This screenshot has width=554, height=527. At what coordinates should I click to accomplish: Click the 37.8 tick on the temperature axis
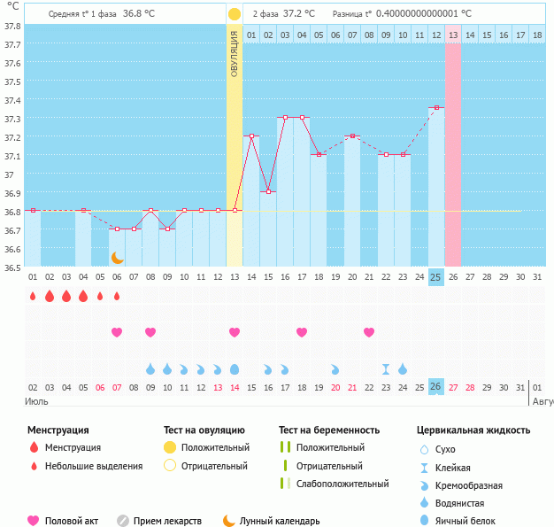pyautogui.click(x=12, y=26)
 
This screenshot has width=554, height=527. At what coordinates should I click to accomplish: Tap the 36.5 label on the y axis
pyautogui.click(x=12, y=267)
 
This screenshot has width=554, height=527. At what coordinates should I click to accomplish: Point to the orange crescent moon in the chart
pyautogui.click(x=117, y=257)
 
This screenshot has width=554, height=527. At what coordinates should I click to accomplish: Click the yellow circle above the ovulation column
pyautogui.click(x=234, y=14)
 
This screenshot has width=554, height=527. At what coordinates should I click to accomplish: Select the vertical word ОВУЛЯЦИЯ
pyautogui.click(x=234, y=53)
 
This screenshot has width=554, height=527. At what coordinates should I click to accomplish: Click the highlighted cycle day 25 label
pyautogui.click(x=435, y=277)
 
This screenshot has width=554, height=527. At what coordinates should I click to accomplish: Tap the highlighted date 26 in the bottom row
pyautogui.click(x=435, y=387)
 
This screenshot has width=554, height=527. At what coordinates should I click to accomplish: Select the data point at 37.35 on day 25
pyautogui.click(x=435, y=108)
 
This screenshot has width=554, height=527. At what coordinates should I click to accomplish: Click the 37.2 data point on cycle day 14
pyautogui.click(x=251, y=136)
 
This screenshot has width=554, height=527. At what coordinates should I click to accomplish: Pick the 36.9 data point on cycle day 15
pyautogui.click(x=268, y=191)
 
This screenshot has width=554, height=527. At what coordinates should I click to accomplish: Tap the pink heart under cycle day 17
pyautogui.click(x=302, y=332)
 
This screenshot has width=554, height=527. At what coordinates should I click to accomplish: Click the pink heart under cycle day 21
pyautogui.click(x=369, y=332)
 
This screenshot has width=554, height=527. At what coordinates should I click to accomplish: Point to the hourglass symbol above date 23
pyautogui.click(x=386, y=368)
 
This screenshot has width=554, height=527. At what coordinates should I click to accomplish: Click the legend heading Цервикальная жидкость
pyautogui.click(x=473, y=430)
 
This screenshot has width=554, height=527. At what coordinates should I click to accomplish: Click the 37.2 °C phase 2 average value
pyautogui.click(x=303, y=14)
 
